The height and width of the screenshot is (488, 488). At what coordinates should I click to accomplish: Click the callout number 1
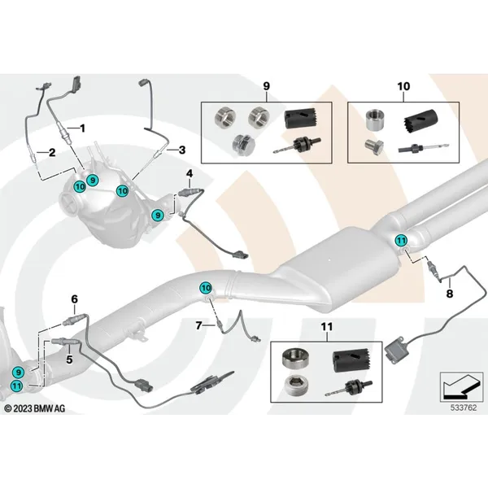[82, 129]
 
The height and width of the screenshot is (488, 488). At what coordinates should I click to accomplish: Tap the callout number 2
[52, 153]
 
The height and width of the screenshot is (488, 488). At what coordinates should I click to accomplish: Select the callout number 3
[181, 150]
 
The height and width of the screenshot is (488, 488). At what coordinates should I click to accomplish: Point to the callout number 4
[190, 173]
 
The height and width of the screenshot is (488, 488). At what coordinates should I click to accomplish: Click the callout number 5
[69, 359]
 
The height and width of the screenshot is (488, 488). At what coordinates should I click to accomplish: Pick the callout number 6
[74, 299]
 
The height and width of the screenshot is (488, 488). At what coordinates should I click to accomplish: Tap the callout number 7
[199, 325]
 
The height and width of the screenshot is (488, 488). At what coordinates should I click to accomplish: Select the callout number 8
[450, 293]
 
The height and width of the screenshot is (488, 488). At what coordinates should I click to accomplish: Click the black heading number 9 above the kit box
[267, 86]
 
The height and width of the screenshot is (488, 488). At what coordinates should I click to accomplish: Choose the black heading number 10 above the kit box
[403, 86]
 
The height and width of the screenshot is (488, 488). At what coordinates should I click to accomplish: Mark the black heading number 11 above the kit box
[327, 327]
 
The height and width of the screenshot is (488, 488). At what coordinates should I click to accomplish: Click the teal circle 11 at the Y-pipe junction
[401, 240]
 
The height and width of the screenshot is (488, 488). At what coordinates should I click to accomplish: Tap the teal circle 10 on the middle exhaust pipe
[206, 288]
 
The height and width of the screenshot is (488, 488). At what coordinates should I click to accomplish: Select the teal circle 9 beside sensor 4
[158, 215]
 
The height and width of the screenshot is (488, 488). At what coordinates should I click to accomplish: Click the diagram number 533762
[464, 407]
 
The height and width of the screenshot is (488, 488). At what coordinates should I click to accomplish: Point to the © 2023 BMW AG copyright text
[35, 408]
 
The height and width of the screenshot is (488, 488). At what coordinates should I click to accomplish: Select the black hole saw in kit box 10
[420, 120]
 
